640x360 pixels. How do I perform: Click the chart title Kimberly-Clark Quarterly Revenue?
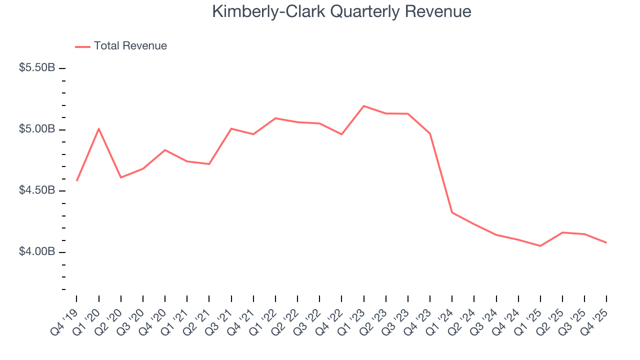pos(341,11)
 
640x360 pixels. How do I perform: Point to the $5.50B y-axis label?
pos(37,67)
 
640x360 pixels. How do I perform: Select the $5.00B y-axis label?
pos(37,129)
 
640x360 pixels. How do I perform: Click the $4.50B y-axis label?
pos(37,190)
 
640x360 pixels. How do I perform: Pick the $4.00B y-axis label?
pos(37,251)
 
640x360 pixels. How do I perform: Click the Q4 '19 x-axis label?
pos(65,319)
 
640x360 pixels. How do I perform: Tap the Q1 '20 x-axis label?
pos(87,319)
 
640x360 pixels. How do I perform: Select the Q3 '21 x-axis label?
pos(220,319)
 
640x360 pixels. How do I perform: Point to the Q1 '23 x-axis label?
pos(352,319)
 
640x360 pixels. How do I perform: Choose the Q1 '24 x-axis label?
pos(441,319)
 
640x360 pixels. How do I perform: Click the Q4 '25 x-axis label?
pos(595,319)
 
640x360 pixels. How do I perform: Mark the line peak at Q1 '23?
pos(363,106)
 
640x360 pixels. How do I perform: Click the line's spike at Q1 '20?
pos(99,128)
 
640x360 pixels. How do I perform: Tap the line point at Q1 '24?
pos(452,212)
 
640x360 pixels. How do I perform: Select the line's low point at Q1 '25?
pos(540,246)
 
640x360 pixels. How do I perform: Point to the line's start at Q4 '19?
pos(76,180)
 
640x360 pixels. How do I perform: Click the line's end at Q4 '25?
pos(606,243)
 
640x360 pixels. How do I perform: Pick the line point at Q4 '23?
pos(430,133)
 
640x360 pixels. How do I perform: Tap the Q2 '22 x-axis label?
pos(286,319)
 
